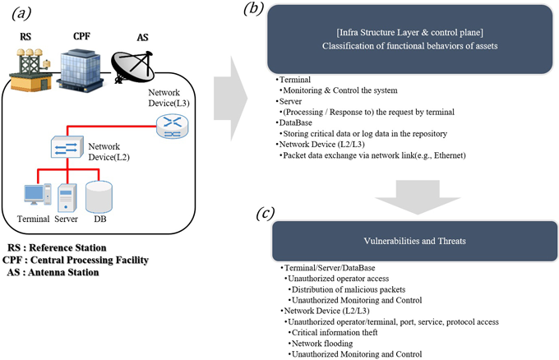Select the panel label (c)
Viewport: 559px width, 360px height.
265,215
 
